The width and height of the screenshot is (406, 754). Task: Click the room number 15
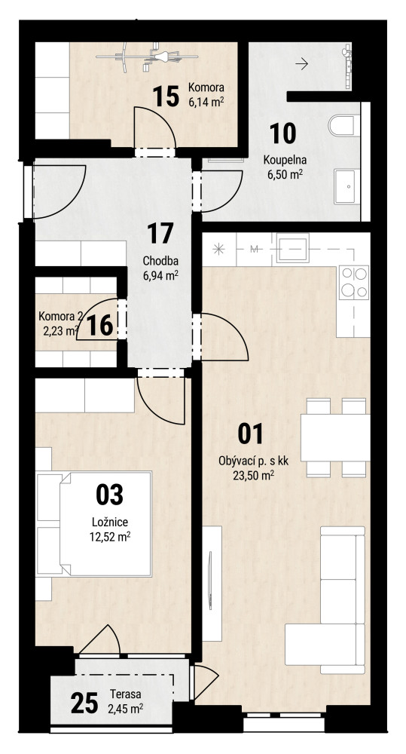166,97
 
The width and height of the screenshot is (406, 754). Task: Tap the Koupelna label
285,161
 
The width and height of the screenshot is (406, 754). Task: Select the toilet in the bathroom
344,125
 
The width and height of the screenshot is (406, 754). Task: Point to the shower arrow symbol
302,63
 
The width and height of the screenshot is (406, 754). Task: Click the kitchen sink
292,247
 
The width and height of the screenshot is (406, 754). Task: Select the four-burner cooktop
354,282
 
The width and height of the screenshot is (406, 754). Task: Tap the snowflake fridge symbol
218,249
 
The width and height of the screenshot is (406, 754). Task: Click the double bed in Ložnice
105,524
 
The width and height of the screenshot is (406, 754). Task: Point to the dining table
335,437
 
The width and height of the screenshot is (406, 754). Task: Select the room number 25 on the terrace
84,703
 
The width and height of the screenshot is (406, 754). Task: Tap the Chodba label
161,262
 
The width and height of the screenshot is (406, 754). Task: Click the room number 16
100,325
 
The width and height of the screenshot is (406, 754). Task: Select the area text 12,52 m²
110,537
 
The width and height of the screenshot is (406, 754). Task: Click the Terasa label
125,694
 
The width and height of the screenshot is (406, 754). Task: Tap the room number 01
251,434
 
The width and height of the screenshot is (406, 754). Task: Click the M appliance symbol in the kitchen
255,249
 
